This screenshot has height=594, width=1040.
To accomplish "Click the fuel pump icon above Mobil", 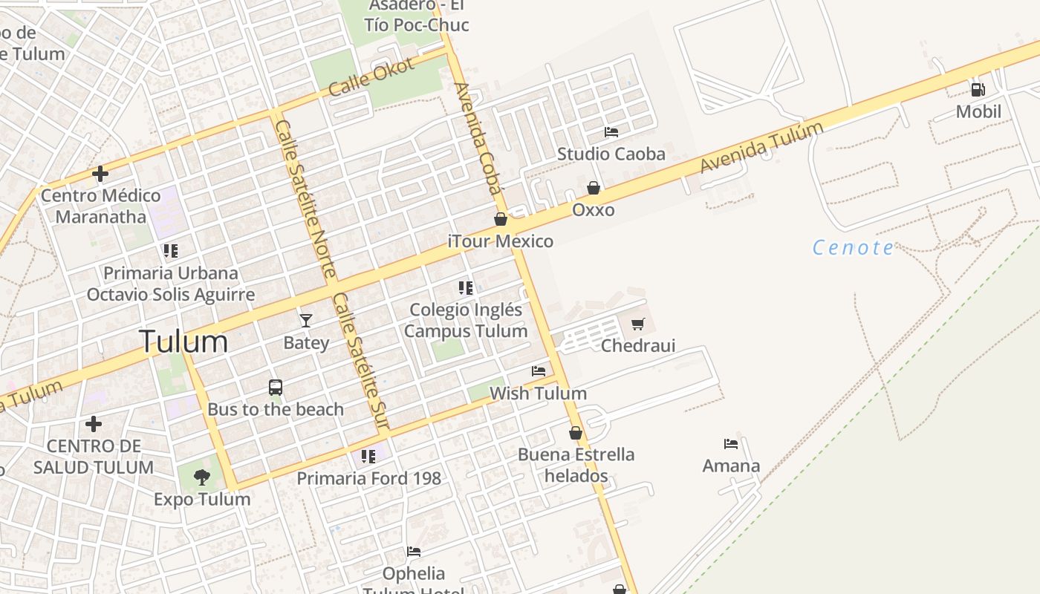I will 978,90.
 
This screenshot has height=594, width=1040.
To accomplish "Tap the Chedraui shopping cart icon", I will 637,324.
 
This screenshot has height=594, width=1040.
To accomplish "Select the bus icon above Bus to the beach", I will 276,387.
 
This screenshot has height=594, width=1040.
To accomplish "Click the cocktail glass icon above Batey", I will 305,320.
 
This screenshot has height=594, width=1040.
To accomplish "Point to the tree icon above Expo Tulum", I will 201,477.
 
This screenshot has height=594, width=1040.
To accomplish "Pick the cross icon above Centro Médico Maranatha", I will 100,174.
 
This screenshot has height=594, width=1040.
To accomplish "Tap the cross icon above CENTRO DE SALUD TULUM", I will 94,424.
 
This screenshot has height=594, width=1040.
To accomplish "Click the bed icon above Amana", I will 731,444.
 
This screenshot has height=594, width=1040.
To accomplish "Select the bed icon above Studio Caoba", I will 611,132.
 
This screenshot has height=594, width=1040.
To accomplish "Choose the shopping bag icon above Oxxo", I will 594,188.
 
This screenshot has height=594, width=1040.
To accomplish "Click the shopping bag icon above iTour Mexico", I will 501,219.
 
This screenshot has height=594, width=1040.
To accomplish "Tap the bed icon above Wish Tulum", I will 539,371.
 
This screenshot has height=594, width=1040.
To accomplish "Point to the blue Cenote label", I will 854,247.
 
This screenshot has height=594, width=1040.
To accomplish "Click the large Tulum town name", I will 183,342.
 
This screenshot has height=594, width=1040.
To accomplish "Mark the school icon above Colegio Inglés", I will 466,287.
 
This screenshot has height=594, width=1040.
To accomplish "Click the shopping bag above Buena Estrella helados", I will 576,432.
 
